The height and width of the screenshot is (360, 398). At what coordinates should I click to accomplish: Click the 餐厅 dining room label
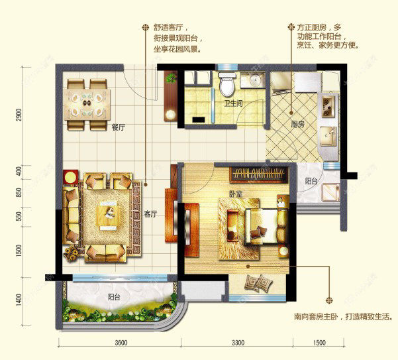[119, 127]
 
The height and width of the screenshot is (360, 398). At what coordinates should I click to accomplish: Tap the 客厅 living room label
[150, 214]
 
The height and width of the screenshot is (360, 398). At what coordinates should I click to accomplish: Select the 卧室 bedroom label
[236, 194]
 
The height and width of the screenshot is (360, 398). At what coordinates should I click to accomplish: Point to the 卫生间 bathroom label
[233, 103]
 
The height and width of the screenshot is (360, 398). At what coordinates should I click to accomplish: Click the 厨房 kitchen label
[297, 125]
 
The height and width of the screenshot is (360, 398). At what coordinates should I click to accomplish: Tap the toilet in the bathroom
[227, 83]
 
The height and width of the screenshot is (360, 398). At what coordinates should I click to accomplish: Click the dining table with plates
[87, 104]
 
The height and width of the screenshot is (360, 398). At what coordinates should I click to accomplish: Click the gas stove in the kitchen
[328, 107]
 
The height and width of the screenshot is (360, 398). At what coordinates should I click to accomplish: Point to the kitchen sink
[328, 136]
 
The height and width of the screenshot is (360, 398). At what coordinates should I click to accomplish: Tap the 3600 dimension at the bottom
[121, 343]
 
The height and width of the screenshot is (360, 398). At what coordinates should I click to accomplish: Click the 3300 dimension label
[238, 343]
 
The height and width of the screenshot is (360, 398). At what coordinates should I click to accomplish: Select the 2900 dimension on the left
[19, 115]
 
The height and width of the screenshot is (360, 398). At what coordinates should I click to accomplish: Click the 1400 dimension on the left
[19, 300]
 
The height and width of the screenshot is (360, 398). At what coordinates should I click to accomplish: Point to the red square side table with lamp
[71, 176]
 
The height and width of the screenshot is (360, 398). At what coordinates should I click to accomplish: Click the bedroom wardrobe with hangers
[259, 175]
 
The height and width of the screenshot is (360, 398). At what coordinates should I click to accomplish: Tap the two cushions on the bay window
[258, 283]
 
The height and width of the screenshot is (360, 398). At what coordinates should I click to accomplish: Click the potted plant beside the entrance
[171, 78]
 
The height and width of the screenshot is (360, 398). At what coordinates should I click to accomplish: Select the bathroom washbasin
[253, 80]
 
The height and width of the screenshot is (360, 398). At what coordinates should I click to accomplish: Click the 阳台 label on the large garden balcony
[114, 297]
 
